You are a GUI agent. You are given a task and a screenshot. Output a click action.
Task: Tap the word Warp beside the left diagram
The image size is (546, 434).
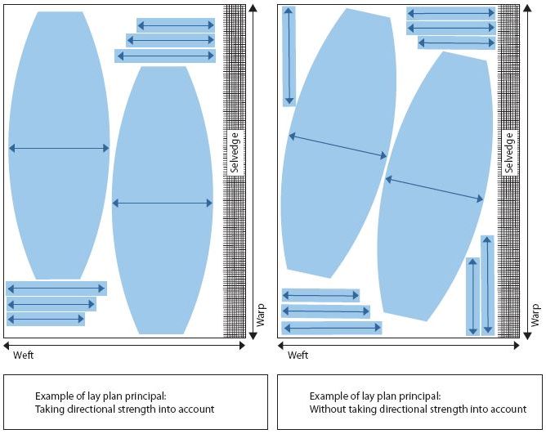pos(261,315)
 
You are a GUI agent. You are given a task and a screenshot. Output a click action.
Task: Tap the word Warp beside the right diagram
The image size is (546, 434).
pos(535,315)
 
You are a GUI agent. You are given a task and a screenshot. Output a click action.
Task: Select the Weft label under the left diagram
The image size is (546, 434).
pos(25,356)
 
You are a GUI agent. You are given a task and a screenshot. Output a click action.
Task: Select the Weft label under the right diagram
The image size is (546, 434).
pos(298,356)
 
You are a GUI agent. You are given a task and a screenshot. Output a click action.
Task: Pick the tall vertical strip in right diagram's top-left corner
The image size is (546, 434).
pos(289,56)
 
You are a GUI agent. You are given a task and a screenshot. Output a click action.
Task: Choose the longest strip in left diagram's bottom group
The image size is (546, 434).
pos(56,289)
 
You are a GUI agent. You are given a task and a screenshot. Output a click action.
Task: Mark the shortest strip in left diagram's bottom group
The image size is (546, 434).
pos(46,319)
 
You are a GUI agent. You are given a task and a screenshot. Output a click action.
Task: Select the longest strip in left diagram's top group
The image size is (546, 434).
pos(165,56)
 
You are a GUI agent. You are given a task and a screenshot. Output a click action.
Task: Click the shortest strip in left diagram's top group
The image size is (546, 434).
pos(176,25)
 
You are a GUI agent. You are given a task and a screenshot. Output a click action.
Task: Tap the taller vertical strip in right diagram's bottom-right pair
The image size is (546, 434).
pos(487,285)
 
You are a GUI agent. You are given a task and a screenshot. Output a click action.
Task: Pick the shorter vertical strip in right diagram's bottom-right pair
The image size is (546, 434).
pos(472,296)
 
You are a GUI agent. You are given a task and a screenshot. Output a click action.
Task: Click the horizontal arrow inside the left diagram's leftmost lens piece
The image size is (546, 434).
pos(59,148)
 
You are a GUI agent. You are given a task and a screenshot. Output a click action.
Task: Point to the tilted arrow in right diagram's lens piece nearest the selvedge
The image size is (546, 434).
pos(434,189)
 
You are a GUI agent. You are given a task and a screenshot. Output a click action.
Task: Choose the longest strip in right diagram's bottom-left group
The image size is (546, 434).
pos(332,328)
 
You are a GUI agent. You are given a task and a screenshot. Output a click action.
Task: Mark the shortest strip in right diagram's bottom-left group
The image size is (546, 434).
pos(321,295)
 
